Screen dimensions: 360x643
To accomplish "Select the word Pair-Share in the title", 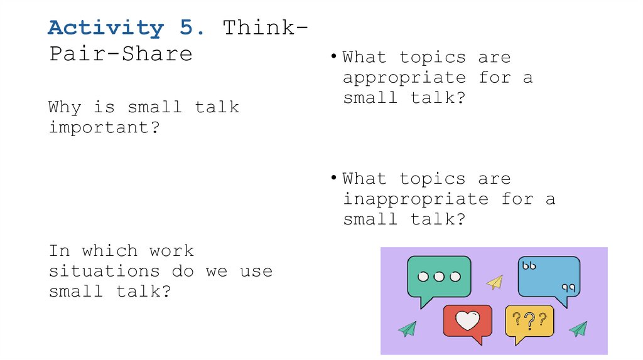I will click(x=121, y=53).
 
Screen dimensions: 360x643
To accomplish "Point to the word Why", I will click(x=65, y=108).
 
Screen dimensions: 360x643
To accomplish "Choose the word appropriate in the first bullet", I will click(x=404, y=78).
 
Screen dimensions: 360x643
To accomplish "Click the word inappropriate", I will click(x=416, y=199).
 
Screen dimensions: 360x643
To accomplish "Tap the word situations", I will click(x=104, y=272).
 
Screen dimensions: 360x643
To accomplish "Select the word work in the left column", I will click(x=171, y=251).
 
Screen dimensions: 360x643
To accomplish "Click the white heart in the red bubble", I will click(x=467, y=321).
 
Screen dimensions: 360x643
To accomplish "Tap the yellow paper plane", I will click(x=495, y=283).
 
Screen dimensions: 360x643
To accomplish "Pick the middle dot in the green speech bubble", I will click(x=439, y=277).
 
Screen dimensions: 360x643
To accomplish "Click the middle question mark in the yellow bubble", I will click(x=529, y=321).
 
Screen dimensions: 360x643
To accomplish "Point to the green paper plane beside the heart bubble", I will click(x=407, y=328).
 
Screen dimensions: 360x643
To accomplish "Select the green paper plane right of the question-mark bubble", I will click(x=578, y=328).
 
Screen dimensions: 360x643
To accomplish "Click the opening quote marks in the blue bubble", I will click(x=529, y=266).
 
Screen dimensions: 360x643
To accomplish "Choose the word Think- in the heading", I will click(x=266, y=28).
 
